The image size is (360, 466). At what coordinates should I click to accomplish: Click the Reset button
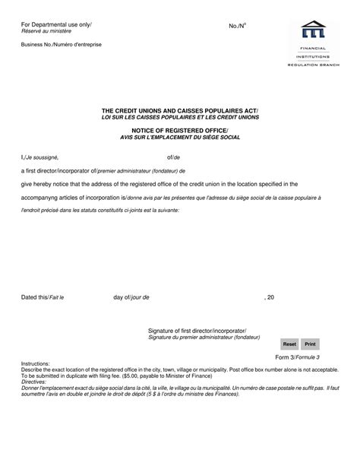click(289, 344)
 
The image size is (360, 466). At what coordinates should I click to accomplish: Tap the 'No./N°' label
click(238, 26)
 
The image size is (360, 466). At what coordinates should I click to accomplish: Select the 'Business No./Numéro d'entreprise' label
click(61, 45)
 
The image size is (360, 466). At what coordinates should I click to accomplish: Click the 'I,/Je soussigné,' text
click(39, 157)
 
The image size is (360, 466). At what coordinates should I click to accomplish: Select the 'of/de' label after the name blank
click(173, 157)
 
